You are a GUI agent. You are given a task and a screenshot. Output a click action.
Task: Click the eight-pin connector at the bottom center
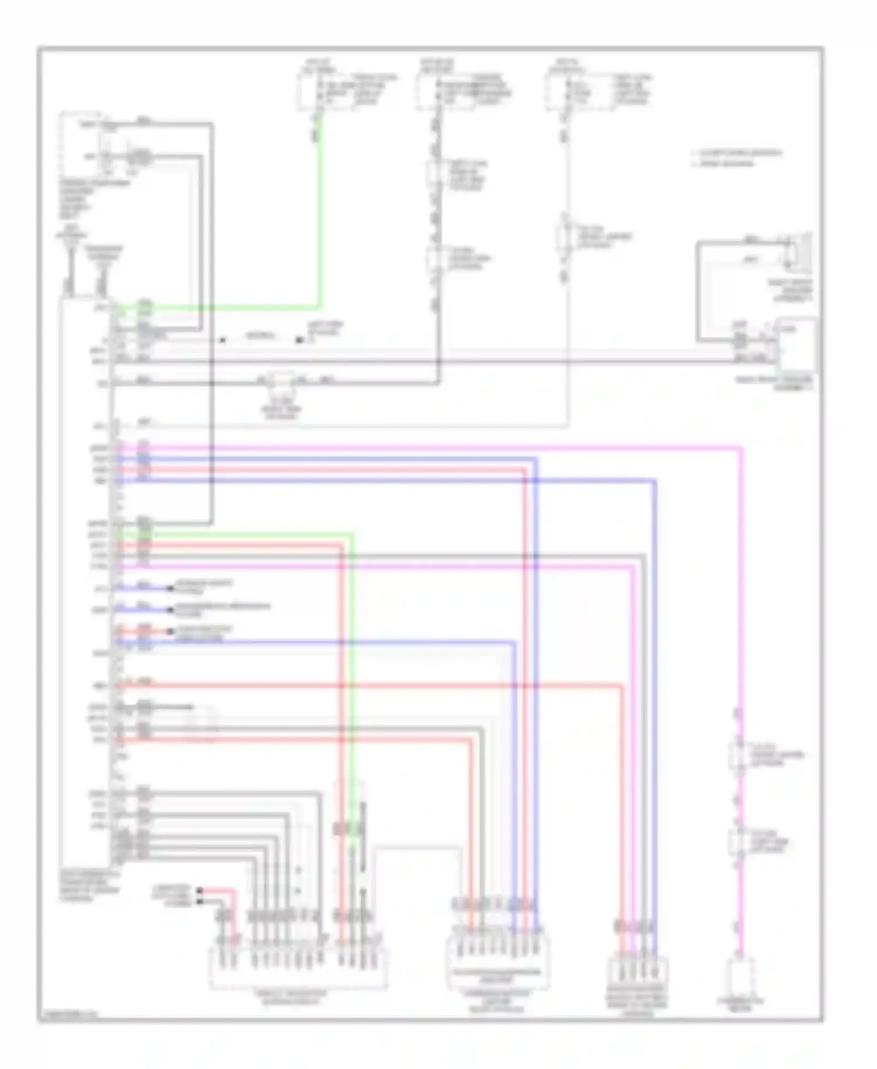(497, 959)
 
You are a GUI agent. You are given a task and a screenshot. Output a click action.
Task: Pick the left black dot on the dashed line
(223, 340)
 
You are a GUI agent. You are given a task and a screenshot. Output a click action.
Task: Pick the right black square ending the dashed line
(299, 340)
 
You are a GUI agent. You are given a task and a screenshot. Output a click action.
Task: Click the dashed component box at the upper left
(82, 143)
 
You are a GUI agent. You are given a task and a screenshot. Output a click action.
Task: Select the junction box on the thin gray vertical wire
(565, 237)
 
